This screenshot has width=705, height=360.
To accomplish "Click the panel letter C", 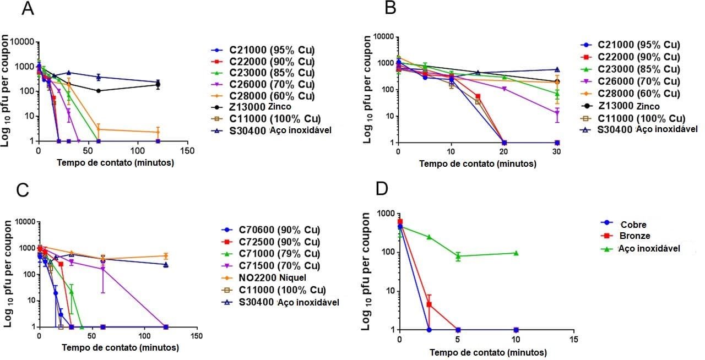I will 23,190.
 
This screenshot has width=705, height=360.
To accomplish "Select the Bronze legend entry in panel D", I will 633,236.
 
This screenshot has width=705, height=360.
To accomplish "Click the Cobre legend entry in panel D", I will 631,225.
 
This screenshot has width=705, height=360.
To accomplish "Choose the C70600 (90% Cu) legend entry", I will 275,230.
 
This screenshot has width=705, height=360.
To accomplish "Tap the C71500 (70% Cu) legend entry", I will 275,265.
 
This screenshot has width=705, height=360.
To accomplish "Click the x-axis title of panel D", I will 488,352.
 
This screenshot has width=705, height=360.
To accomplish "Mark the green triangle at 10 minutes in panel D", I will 516,253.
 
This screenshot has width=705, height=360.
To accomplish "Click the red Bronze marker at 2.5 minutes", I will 429,304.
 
